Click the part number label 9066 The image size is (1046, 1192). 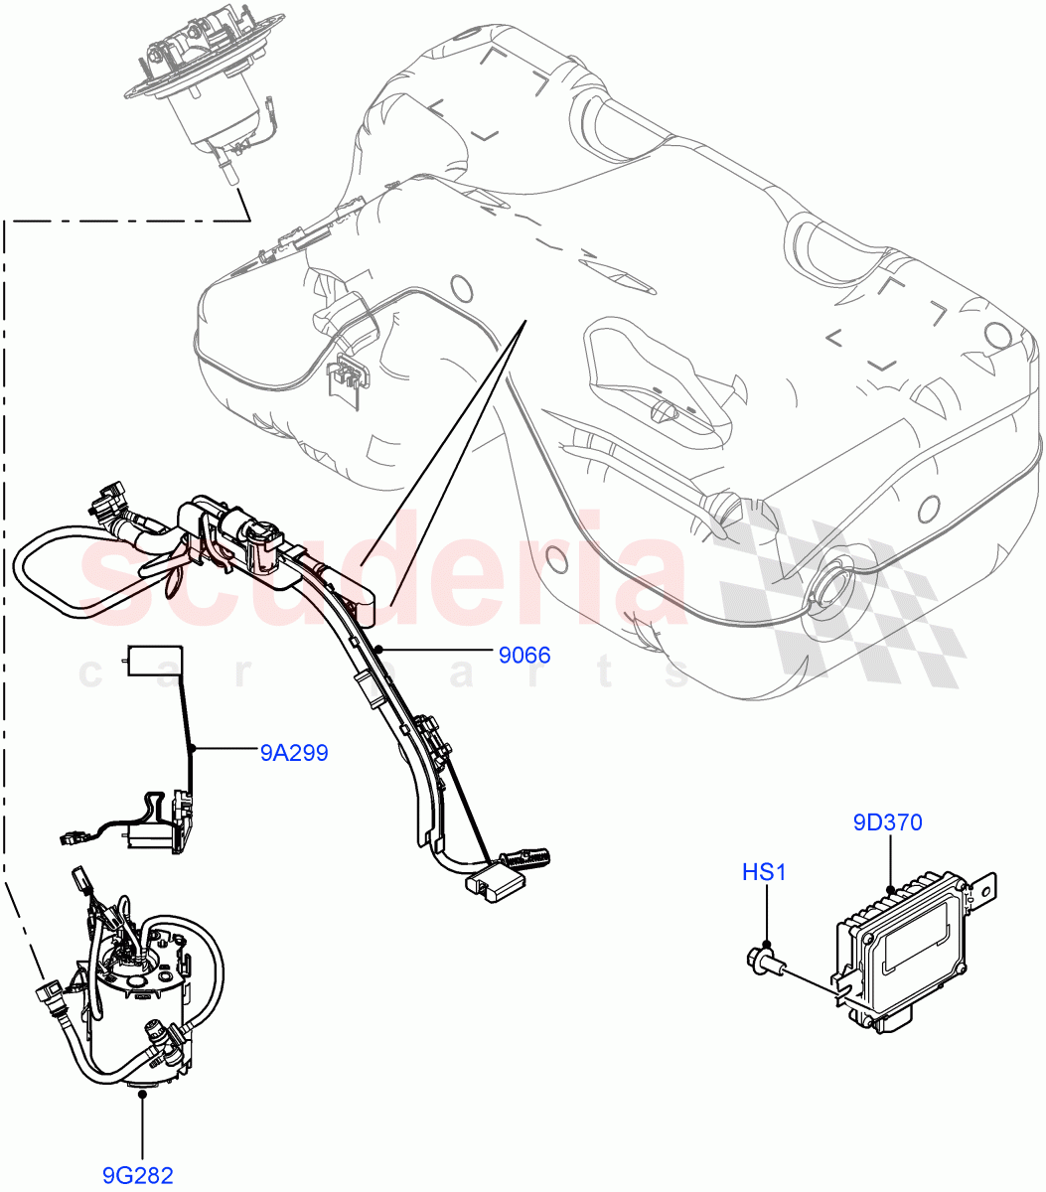coord(523,656)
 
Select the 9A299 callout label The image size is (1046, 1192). coord(294,753)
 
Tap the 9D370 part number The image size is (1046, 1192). coord(887,822)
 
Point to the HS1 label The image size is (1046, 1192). coord(764,872)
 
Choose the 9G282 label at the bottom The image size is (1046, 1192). coord(143,1176)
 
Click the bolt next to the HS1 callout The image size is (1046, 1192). coord(765,961)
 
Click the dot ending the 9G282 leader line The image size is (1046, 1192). coord(143,1094)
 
